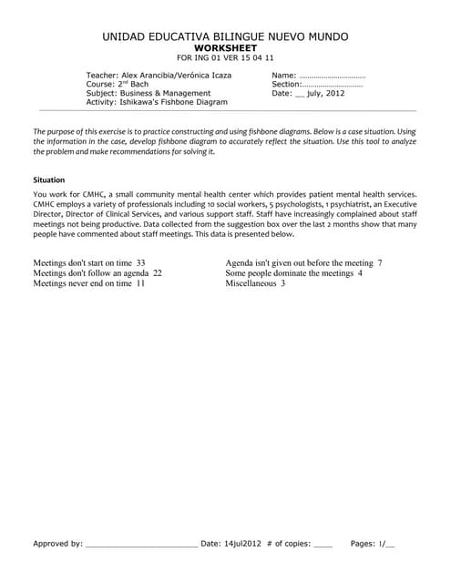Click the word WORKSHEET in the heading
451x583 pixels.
(225, 47)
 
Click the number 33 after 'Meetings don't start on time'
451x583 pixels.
(140, 262)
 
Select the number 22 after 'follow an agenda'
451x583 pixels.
(157, 272)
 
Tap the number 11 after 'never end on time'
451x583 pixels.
(140, 283)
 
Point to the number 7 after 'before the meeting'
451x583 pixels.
(379, 262)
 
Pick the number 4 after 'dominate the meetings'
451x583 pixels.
(360, 272)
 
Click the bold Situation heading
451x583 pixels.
(48, 179)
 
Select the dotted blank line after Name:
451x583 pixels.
(332, 75)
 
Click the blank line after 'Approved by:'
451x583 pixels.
(141, 544)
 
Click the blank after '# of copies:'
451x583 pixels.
(323, 544)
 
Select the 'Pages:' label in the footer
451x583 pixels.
(363, 544)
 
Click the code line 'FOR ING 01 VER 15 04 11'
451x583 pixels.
(225, 57)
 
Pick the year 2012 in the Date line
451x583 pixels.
(333, 93)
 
